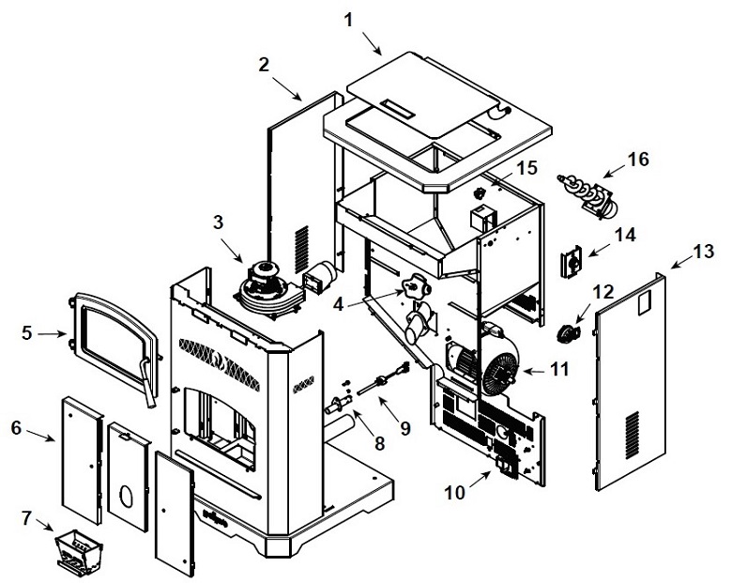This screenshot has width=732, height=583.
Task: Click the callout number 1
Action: point(348,20)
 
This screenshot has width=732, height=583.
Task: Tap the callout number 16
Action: point(638,160)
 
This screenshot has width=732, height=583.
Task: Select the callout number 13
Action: point(704,252)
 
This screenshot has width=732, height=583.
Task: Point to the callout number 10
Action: point(455,492)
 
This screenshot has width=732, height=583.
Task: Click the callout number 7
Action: point(27,517)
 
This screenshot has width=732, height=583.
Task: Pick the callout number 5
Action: point(26,333)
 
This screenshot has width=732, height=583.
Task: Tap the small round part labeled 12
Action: point(568,333)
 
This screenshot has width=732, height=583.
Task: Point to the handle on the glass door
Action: point(147,382)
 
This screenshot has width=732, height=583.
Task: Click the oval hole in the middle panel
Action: point(126,496)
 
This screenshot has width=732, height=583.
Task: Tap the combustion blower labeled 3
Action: point(267,289)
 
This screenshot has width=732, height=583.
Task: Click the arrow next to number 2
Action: point(286,88)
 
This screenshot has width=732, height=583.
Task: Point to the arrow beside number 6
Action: point(40,435)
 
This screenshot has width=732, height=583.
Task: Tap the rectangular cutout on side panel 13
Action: point(643,302)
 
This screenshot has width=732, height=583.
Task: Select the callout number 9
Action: point(404,427)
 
